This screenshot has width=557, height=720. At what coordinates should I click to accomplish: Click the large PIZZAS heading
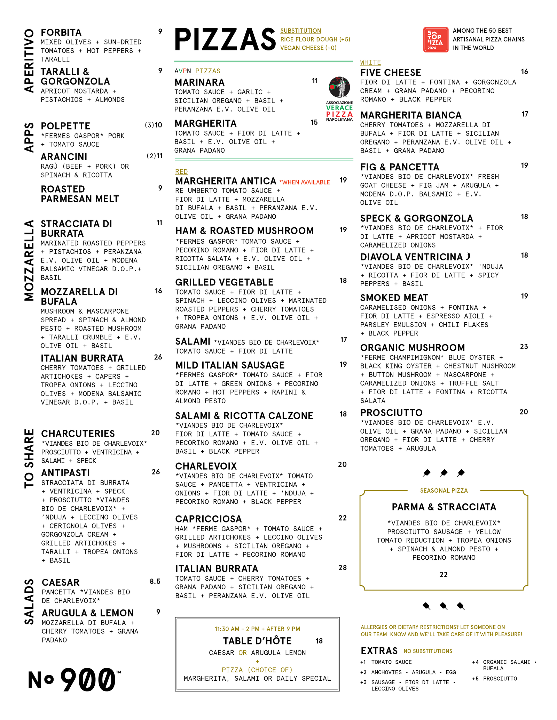(225, 40)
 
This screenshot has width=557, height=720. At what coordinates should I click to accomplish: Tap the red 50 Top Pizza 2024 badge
(436, 40)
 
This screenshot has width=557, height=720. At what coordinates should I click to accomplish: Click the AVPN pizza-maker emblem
(339, 87)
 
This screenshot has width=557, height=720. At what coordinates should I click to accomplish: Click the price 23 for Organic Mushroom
(524, 347)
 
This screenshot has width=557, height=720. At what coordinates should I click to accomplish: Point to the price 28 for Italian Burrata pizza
(343, 568)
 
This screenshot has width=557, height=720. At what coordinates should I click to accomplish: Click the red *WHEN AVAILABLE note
(305, 182)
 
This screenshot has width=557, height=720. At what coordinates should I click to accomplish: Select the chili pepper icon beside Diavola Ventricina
(468, 257)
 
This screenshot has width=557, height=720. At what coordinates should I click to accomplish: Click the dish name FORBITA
(61, 33)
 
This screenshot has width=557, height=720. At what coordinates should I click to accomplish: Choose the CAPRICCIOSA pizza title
(209, 519)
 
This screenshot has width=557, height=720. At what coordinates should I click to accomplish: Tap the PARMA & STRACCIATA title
(444, 507)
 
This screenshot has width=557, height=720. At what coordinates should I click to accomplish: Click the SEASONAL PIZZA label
(444, 491)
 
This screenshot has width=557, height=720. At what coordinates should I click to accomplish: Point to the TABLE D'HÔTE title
(257, 641)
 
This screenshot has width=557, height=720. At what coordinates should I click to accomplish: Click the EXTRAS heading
(379, 651)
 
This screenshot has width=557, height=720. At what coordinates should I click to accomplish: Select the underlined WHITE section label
(370, 63)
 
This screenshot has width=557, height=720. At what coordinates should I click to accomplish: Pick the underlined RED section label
(181, 172)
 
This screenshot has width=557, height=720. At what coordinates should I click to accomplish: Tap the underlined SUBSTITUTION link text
(301, 31)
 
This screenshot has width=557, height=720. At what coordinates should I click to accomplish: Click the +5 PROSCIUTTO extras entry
(494, 679)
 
